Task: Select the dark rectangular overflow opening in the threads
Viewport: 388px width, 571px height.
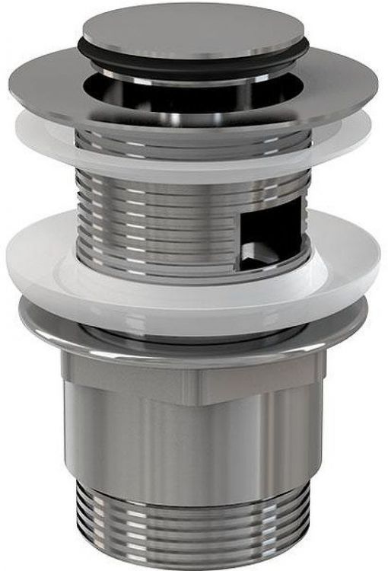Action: click(x=266, y=236)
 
